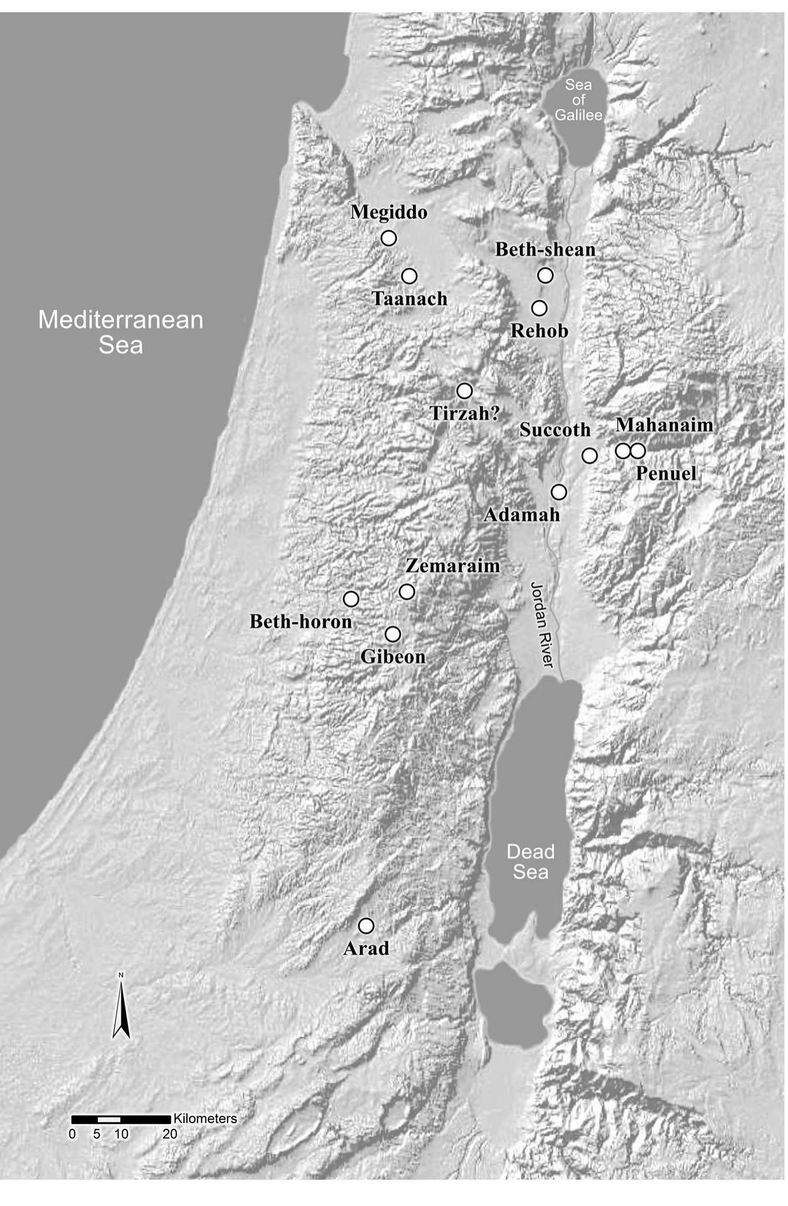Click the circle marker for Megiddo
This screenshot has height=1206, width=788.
tap(388, 238)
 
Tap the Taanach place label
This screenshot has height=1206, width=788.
tap(409, 299)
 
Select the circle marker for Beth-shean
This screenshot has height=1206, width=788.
tap(545, 275)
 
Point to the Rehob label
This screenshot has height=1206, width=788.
tap(539, 331)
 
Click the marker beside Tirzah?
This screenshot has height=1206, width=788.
tap(464, 390)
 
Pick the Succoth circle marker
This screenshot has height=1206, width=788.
tap(589, 456)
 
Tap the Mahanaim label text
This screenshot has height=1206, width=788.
tap(664, 425)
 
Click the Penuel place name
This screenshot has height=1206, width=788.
tap(666, 473)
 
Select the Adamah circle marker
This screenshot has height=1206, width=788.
tap(559, 492)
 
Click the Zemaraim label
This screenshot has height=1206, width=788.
tap(453, 566)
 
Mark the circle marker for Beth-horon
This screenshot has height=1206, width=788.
tap(350, 599)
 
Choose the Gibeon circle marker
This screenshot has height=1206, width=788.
tap(393, 634)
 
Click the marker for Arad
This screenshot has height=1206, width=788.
tap(366, 926)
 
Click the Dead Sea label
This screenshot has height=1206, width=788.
tap(530, 861)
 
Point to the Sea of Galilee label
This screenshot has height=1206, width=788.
tap(578, 100)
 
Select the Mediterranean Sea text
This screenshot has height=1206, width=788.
tap(120, 332)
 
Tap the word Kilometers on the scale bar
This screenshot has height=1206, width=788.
tap(206, 1118)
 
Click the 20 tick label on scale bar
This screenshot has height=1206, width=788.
tap(170, 1134)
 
